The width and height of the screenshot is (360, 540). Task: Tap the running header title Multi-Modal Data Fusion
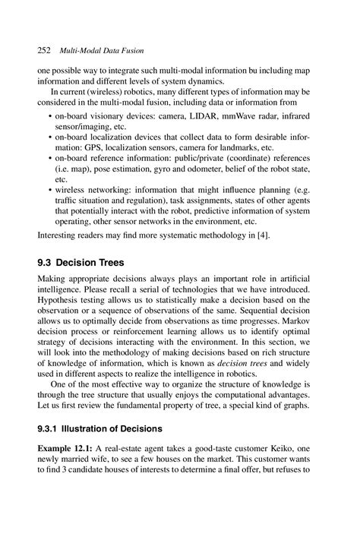point(96,50)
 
